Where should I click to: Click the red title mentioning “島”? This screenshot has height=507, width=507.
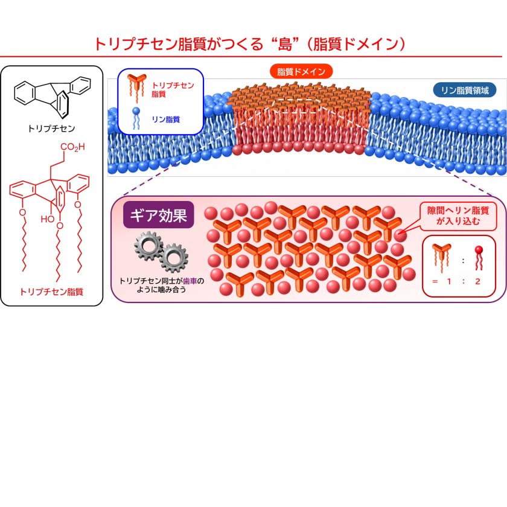[250, 44]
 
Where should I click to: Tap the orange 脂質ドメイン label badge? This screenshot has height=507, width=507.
[301, 71]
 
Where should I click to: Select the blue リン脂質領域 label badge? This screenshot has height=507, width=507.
[465, 90]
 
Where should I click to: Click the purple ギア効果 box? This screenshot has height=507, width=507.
[158, 215]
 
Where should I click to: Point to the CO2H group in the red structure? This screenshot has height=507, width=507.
[72, 147]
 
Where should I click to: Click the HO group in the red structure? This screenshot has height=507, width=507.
[48, 219]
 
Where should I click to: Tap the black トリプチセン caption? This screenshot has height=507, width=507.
[52, 129]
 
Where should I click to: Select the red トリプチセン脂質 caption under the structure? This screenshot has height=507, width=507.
[52, 292]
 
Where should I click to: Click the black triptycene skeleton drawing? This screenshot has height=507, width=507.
[53, 97]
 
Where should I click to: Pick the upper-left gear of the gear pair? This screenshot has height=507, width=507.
[148, 246]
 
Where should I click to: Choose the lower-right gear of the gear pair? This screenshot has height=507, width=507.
[174, 258]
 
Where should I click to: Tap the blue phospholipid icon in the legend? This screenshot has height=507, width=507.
[136, 119]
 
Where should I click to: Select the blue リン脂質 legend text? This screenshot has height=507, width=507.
[166, 120]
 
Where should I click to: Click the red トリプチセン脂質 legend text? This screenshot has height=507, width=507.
[173, 89]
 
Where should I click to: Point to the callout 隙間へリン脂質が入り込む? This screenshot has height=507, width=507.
[458, 216]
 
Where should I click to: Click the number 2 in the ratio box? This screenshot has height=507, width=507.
[477, 281]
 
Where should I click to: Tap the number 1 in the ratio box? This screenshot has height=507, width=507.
[449, 281]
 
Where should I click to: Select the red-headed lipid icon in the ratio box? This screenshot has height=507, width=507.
[479, 258]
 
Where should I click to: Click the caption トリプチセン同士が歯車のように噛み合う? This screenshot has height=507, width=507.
[161, 285]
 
